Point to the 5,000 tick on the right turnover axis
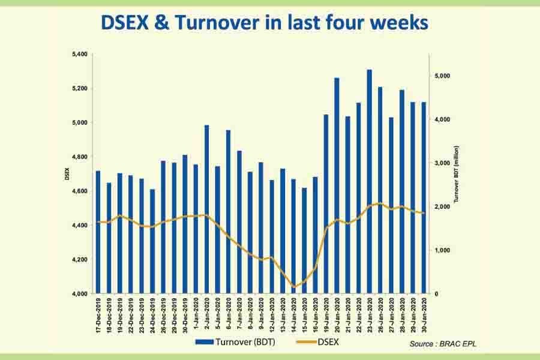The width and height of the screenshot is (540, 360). (x=443, y=76)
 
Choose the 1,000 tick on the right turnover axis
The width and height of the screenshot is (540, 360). (x=443, y=250)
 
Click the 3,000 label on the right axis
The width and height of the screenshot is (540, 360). (x=443, y=163)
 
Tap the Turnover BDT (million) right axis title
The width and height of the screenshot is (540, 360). (x=457, y=175)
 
